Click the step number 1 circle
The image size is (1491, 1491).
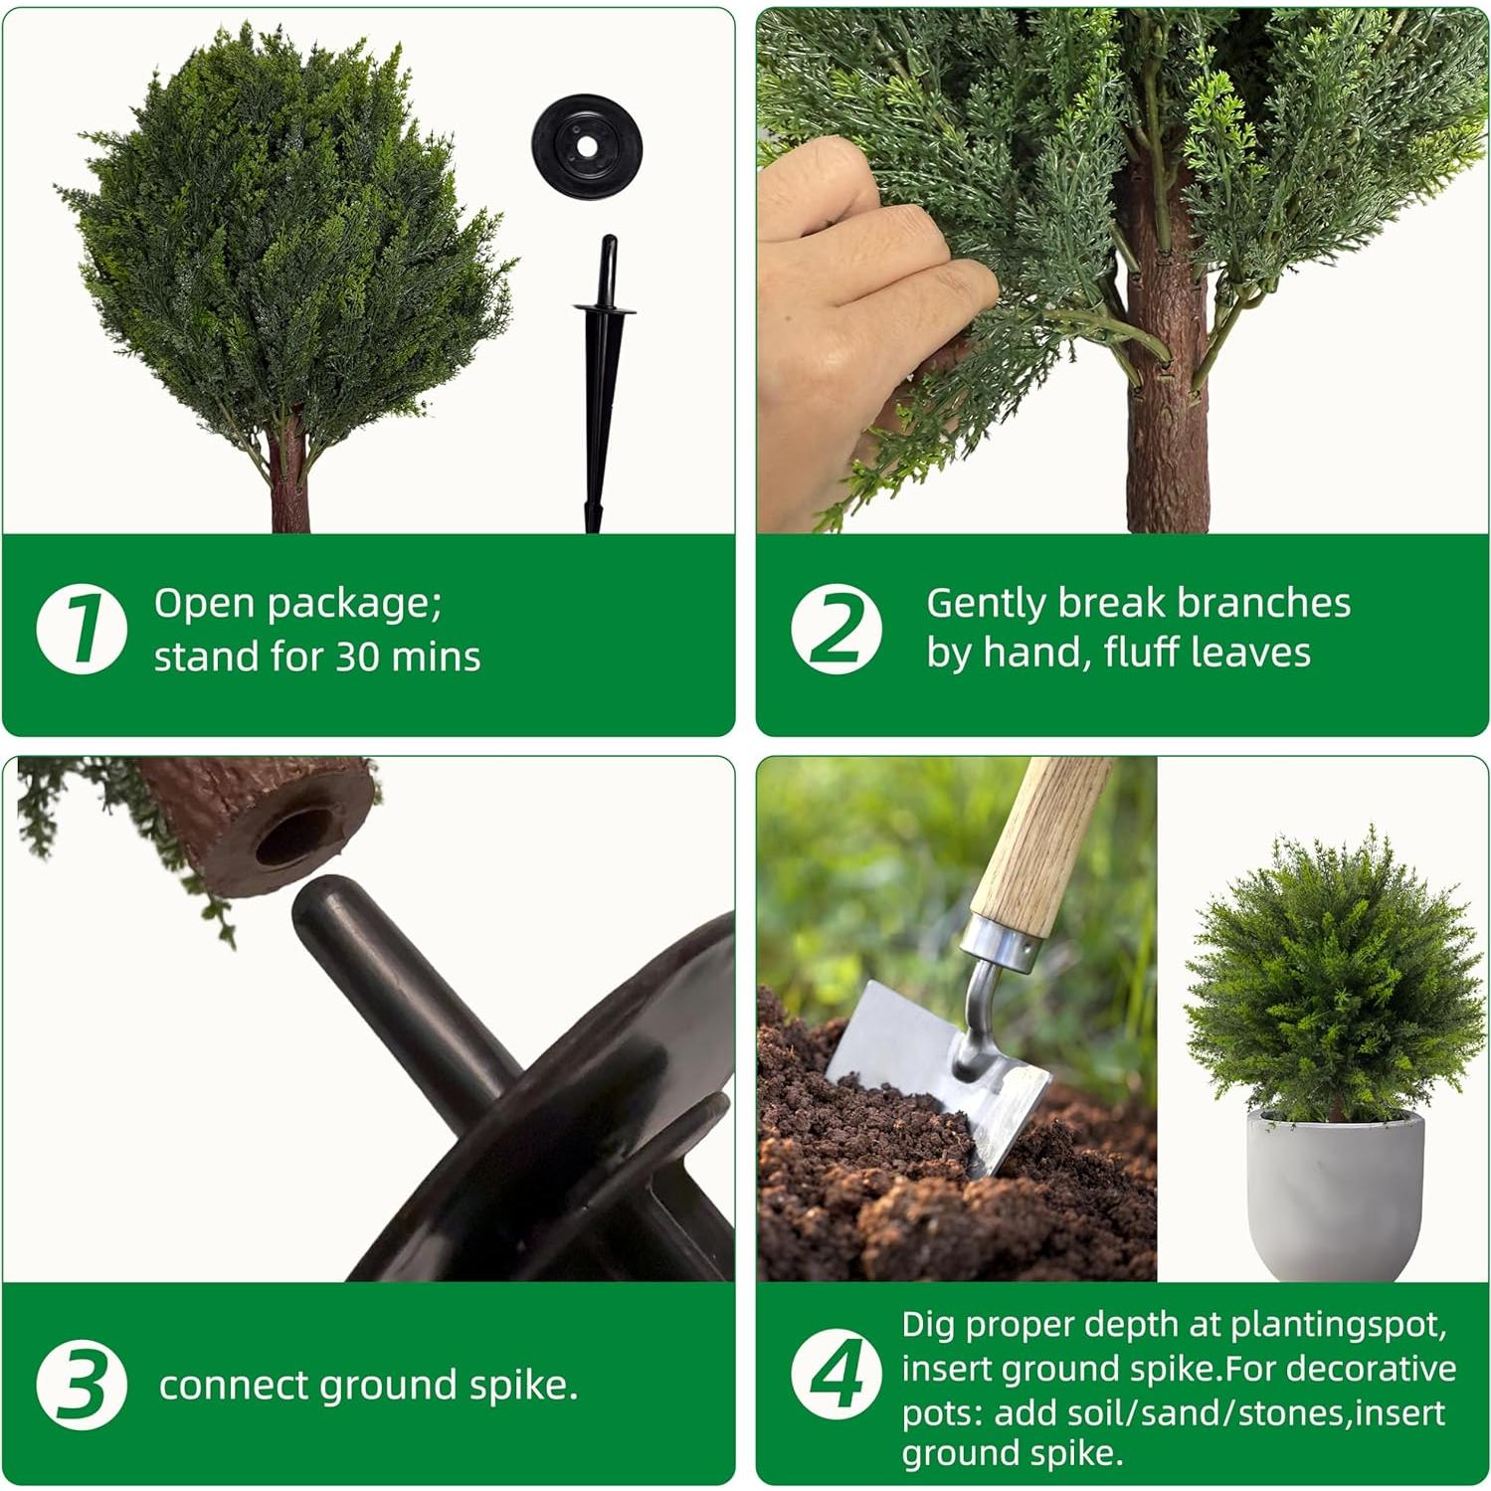coord(82,629)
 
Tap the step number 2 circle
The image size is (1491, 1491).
coord(836,629)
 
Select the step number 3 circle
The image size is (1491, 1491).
coord(82,1384)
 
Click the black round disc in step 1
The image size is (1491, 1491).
coord(587,147)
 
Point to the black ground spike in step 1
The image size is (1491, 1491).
coord(602,388)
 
